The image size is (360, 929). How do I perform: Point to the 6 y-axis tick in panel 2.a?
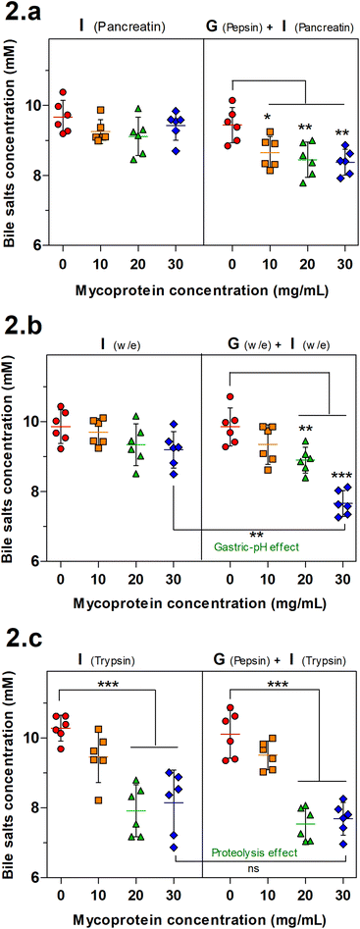click(33, 246)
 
